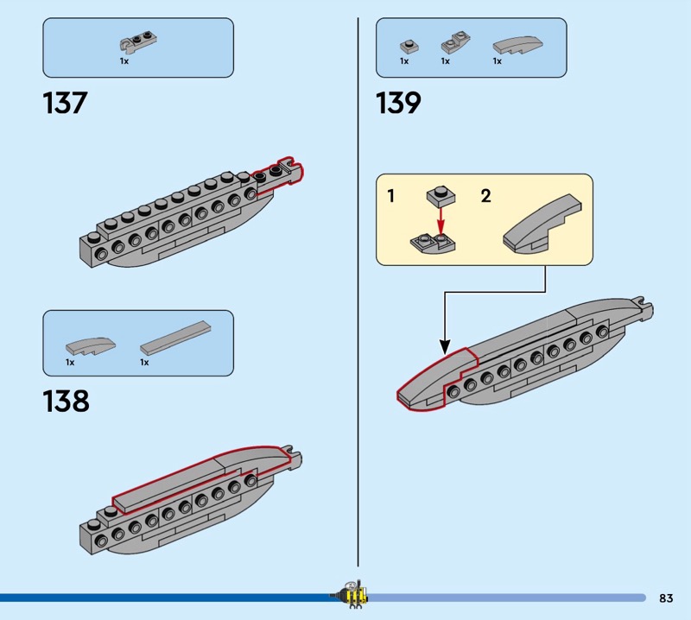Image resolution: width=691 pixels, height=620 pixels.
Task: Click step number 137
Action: pos(65,104)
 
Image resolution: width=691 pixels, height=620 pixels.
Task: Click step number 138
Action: pos(66,402)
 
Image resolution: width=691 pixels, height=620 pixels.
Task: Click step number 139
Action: pos(398,104)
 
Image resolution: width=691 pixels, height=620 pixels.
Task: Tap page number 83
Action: pos(665,598)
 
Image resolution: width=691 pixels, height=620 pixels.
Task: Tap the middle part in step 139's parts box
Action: pos(453,44)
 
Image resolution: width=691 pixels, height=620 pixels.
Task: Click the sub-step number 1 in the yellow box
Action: pos(391,197)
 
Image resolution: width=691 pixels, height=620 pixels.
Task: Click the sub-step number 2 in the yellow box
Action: pos(485,197)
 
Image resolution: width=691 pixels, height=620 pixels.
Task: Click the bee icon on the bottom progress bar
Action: pos(351,594)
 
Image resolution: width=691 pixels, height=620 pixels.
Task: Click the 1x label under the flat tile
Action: pos(144,363)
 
